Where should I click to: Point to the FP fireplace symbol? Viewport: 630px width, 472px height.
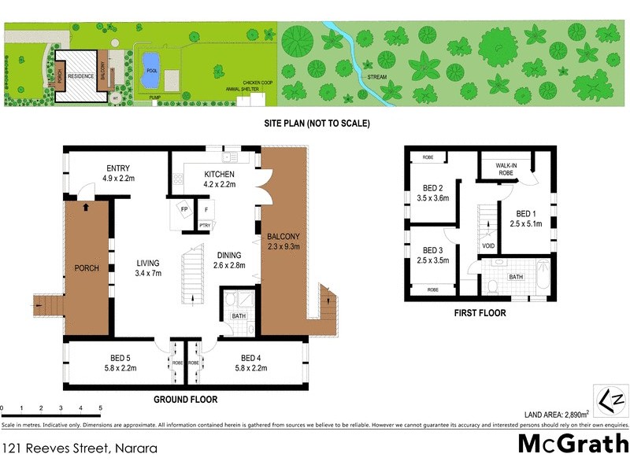coord(184,210)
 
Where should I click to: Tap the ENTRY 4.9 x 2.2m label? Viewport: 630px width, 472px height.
coord(120,173)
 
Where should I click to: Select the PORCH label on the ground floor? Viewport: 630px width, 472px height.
coord(87,268)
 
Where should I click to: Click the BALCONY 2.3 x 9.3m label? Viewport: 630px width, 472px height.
coord(282,241)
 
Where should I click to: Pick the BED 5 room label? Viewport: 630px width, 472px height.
coord(120,362)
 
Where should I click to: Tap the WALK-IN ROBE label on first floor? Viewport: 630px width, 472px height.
coord(506,168)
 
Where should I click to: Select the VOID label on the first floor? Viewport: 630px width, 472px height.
coord(489,244)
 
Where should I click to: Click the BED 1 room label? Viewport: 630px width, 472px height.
coord(528,219)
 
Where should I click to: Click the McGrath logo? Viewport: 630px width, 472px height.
coord(572,443)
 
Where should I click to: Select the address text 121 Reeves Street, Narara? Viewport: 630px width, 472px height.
coord(79,449)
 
